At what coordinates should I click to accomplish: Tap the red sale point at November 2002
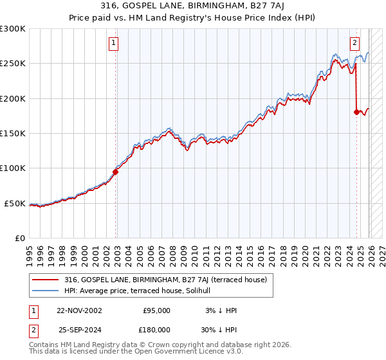(116, 172)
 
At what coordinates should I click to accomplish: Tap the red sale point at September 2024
(356, 112)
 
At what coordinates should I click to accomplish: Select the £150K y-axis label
(13, 134)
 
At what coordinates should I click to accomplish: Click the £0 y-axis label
(19, 239)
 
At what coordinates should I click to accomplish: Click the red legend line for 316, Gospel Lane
(46, 280)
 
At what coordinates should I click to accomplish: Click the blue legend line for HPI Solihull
(46, 292)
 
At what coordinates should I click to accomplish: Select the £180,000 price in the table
(156, 328)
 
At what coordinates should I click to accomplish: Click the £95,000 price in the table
(156, 310)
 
